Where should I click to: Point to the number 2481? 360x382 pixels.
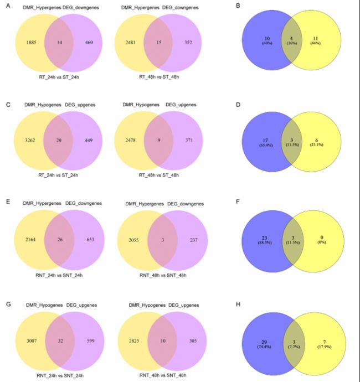[x=135, y=42]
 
